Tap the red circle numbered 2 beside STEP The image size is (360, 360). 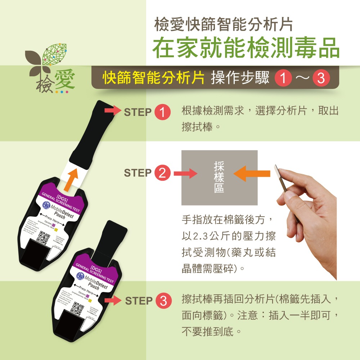[x=162, y=173]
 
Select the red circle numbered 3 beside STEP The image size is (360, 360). [x=163, y=301]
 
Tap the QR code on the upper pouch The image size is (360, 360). [x=45, y=238]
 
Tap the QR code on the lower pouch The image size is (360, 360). [x=78, y=309]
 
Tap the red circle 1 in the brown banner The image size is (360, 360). [x=283, y=78]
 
